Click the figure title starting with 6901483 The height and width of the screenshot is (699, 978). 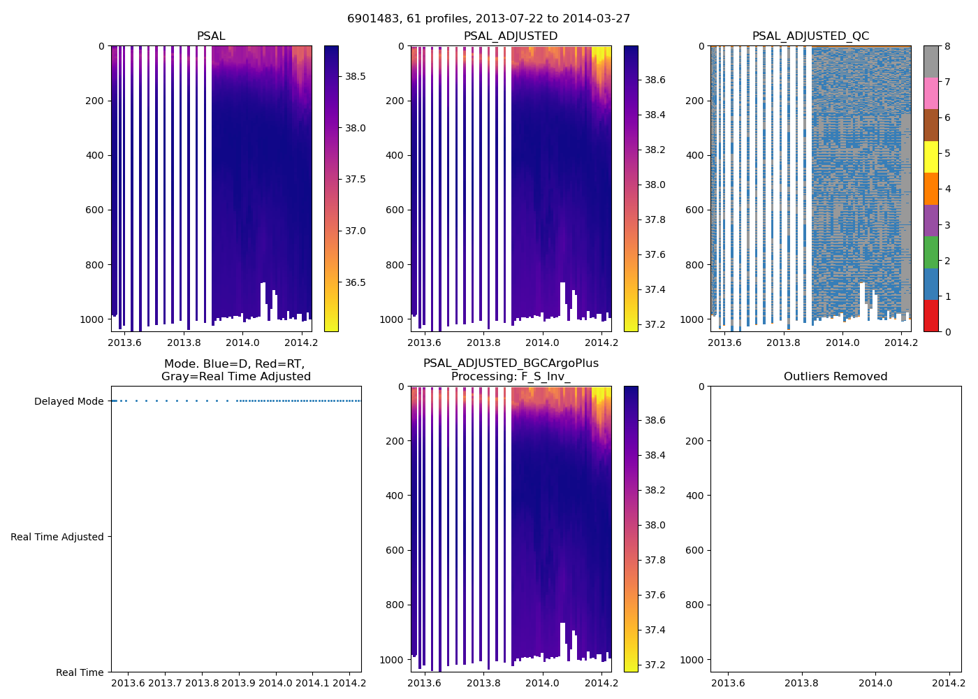coord(488,19)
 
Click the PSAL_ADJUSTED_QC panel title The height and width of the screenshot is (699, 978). coord(810,36)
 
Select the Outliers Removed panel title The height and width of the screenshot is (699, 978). coord(835,377)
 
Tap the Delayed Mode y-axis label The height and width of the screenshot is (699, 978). coord(68,401)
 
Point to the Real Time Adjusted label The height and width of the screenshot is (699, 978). coord(57,537)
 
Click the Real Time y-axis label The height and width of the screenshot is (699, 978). coord(80,672)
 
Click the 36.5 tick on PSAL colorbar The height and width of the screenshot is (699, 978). coord(356,282)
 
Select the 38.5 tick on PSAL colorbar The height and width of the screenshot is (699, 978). coord(356,76)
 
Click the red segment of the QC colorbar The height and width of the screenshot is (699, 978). coord(930,315)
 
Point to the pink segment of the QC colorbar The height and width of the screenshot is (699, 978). coord(930,93)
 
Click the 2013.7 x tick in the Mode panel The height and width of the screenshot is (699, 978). coord(166,683)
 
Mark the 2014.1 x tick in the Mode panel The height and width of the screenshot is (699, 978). coord(312,683)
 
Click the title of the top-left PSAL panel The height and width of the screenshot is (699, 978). coord(211,36)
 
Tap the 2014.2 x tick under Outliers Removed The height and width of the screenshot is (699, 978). coord(949,683)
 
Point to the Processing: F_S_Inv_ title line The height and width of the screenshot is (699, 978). coord(511,377)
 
